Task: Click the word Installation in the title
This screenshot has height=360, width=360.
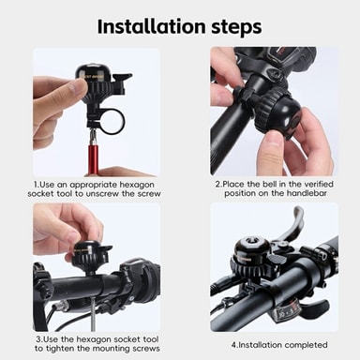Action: point(152,26)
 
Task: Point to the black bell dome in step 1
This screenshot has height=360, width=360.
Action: point(91,71)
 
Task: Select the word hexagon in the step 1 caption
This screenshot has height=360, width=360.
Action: point(137,185)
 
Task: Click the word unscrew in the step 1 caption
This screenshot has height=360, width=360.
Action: point(102,193)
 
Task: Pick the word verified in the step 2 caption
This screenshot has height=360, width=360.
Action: point(319,184)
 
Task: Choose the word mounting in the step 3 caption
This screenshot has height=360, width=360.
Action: point(113,349)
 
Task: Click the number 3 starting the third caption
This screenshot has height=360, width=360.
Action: point(38,339)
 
